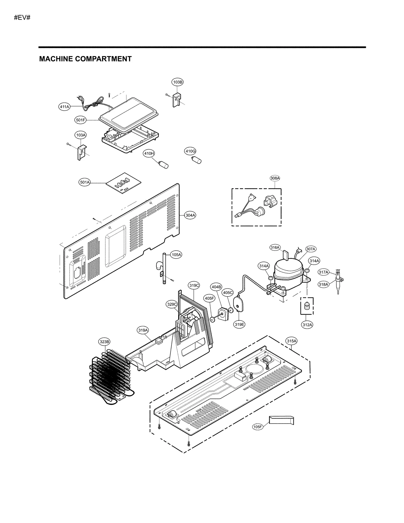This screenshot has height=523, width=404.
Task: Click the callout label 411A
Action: point(64,107)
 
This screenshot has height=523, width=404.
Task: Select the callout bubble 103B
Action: point(178,82)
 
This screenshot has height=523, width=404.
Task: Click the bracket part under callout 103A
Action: point(81,152)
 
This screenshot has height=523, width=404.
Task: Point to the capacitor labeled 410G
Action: point(196,160)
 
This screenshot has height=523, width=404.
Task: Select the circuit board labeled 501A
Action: point(123,183)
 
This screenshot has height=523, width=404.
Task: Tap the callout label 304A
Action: point(190,215)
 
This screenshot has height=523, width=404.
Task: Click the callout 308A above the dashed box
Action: point(275,178)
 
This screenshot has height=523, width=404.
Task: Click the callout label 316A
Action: point(275,247)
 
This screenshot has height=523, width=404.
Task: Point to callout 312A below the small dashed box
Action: point(307,325)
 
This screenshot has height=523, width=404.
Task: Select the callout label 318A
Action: point(323,284)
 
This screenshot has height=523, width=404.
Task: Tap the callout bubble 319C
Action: point(194,286)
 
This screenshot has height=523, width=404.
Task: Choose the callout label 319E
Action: point(239,325)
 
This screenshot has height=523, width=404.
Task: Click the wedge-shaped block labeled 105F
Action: point(281,420)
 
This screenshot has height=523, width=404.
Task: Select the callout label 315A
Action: point(291,341)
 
